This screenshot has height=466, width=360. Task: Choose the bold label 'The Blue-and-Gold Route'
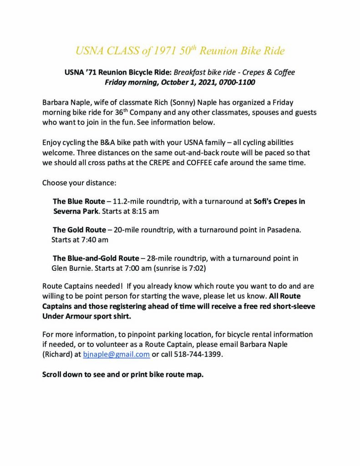96,258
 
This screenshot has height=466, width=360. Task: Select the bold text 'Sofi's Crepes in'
279,201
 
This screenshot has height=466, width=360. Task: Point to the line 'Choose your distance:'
79,183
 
